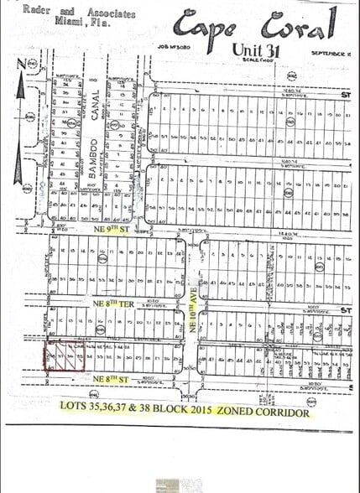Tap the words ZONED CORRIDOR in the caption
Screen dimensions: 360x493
pyautogui.click(x=267, y=413)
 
